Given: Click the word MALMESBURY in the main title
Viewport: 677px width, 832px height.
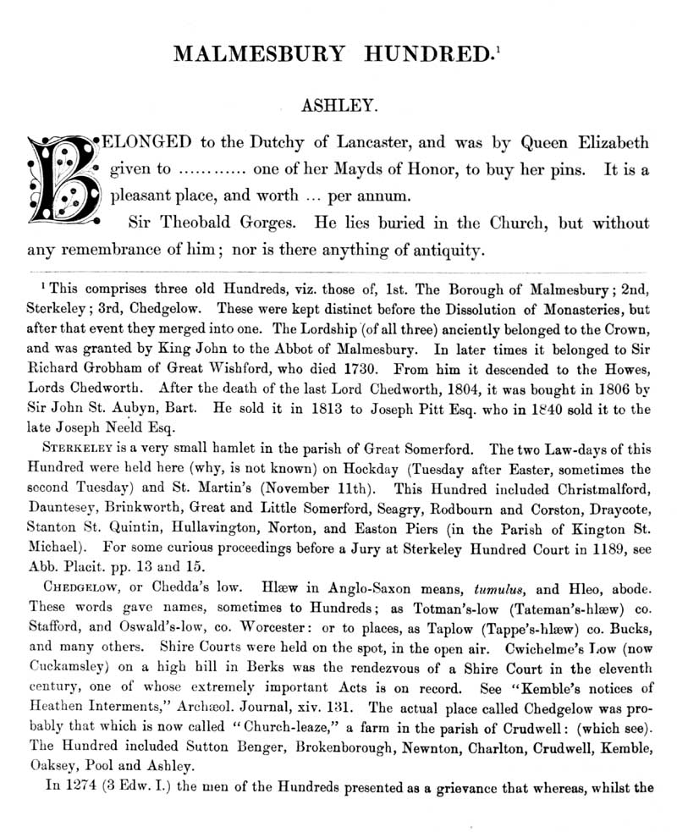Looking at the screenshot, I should pyautogui.click(x=258, y=54).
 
